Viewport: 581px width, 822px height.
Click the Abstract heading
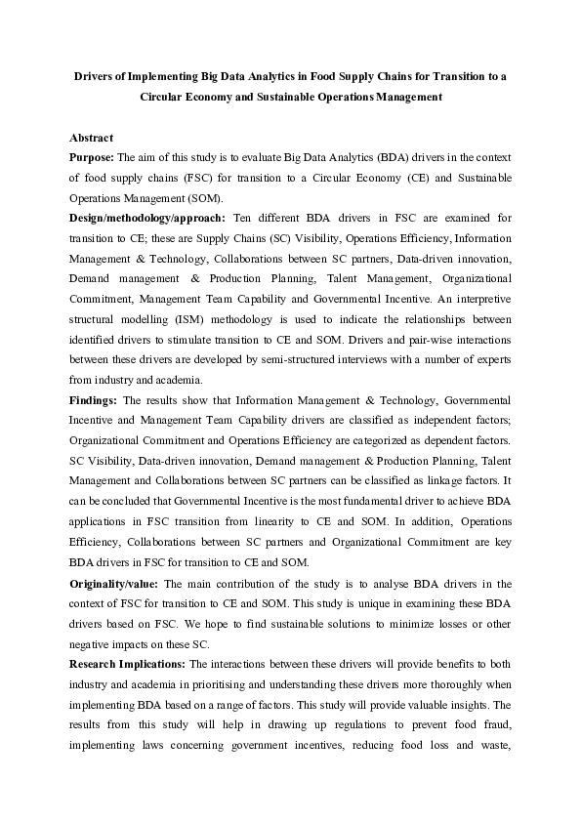tap(92, 138)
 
